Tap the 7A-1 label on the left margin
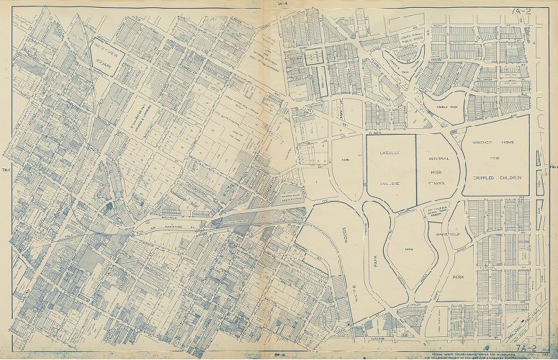click(x=6, y=171)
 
